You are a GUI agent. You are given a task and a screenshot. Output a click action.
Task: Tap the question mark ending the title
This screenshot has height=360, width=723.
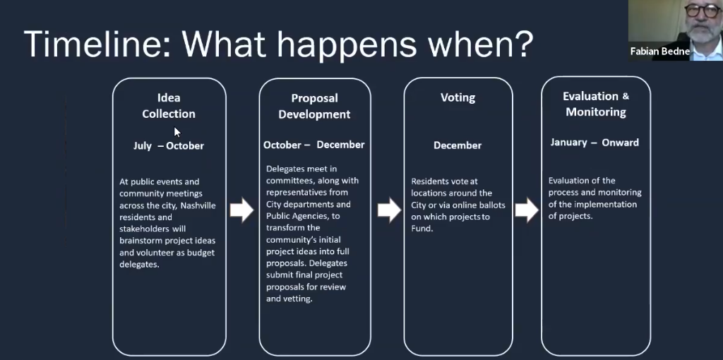click(523, 44)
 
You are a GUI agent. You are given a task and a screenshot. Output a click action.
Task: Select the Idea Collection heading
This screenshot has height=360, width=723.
click(169, 106)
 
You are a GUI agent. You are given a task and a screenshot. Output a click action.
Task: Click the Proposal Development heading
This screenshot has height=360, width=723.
click(314, 106)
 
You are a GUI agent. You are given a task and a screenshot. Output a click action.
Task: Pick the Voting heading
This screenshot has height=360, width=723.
click(458, 97)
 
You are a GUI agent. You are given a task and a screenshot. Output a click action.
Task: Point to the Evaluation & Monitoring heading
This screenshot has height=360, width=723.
click(596, 104)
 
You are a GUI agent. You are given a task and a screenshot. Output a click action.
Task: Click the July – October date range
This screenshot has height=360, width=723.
click(169, 145)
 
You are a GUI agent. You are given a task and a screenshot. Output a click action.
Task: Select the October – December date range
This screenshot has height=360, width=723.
click(314, 145)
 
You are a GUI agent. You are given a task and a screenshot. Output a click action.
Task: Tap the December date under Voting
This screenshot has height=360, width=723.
click(458, 145)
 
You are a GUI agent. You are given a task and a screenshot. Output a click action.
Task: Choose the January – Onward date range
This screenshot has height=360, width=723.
click(594, 143)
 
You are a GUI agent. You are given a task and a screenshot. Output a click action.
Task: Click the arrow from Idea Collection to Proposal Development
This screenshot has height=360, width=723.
click(241, 210)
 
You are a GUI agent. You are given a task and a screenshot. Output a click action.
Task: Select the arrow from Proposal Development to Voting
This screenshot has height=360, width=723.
click(389, 210)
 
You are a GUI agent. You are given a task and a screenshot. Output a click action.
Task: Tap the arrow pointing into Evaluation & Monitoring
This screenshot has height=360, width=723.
click(527, 210)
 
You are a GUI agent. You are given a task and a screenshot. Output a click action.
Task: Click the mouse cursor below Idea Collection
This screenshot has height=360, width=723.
click(177, 132)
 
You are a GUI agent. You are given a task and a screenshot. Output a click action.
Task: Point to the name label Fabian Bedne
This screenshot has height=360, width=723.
click(660, 52)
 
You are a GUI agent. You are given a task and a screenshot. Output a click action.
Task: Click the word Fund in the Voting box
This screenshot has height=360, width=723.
click(421, 229)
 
